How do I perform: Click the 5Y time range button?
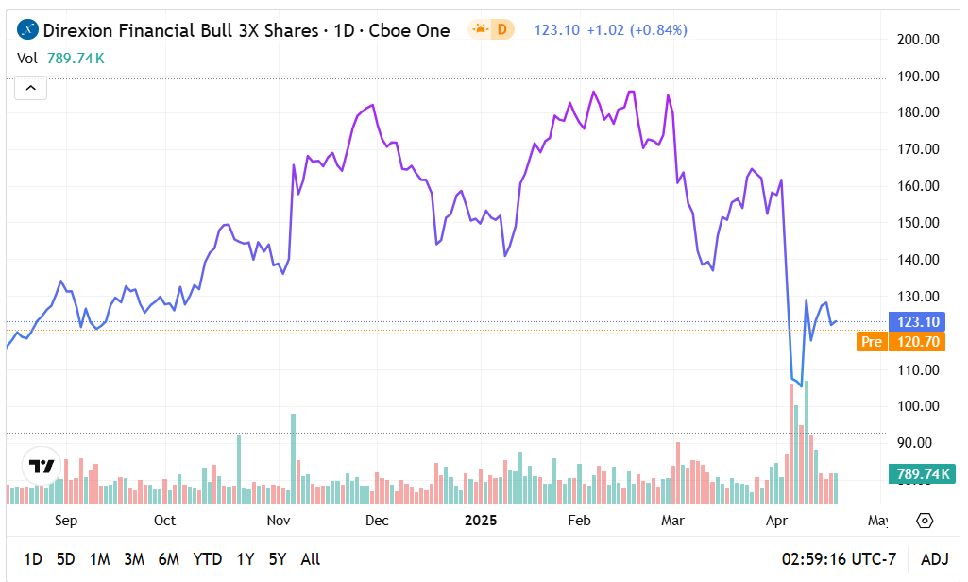278,559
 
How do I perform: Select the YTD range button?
208,559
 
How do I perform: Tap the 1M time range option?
100,559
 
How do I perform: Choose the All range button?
310,559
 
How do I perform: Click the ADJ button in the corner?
935,559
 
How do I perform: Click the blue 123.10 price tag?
919,322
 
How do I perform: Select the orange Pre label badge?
872,342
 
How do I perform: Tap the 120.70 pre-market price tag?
919,342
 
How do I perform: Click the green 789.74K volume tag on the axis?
918,474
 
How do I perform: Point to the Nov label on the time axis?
278,521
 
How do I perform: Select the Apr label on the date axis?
776,521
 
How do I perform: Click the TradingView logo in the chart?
42,466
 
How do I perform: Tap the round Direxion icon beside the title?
28,30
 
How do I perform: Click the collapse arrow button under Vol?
30,89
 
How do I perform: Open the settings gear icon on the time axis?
925,521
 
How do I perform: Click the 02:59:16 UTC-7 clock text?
839,559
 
